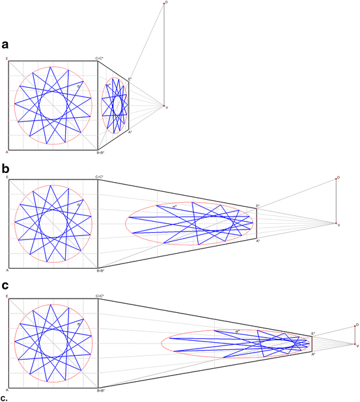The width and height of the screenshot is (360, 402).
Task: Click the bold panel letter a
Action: pyautogui.click(x=5, y=44)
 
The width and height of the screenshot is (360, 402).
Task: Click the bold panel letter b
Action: pyautogui.click(x=5, y=167)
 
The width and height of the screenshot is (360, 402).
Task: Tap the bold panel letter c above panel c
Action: pyautogui.click(x=5, y=285)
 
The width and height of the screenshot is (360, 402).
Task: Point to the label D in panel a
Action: pyautogui.click(x=167, y=3)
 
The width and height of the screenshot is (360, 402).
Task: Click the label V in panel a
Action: pyautogui.click(x=167, y=107)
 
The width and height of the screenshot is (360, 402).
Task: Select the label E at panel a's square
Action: pyautogui.click(x=7, y=59)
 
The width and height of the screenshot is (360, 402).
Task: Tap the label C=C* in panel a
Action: pyautogui.click(x=100, y=59)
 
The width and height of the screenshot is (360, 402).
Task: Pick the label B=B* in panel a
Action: pyautogui.click(x=101, y=154)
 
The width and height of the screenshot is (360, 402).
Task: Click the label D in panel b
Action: pyautogui.click(x=339, y=177)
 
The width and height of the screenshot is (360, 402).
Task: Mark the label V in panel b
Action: pyautogui.click(x=339, y=225)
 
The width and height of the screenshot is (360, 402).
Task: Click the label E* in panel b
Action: pyautogui.click(x=258, y=206)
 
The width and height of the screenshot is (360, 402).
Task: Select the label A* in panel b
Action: pyautogui.click(x=258, y=241)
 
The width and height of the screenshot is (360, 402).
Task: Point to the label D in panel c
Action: pyautogui.click(x=357, y=324)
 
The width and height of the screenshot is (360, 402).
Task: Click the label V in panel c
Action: pyautogui.click(x=357, y=345)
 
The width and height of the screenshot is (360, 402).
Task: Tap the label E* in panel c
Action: pyautogui.click(x=313, y=334)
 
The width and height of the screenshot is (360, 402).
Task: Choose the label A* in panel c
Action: pyautogui.click(x=313, y=355)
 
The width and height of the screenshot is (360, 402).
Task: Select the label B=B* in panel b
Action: pyautogui.click(x=101, y=270)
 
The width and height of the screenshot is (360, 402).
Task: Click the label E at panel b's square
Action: pyautogui.click(x=7, y=176)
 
